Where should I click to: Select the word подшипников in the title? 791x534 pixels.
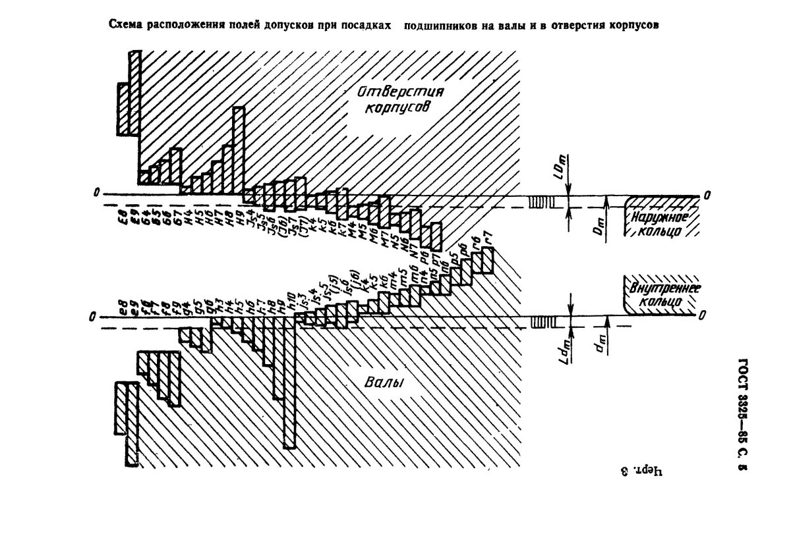tap(438, 26)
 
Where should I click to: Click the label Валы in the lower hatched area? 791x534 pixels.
tap(383, 383)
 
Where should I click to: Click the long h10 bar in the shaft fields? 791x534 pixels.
tap(289, 382)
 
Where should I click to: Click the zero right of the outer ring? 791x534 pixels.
tap(707, 195)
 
